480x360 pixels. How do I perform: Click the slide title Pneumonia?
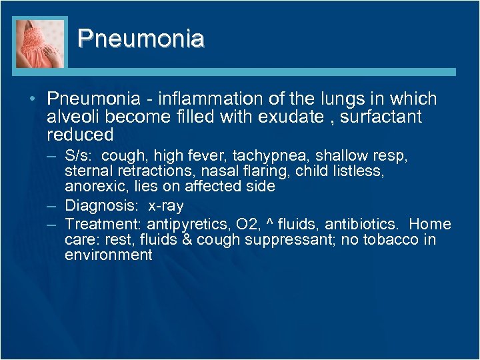point(141,38)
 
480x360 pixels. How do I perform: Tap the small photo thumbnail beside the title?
point(41,43)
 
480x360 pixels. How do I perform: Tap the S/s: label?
point(81,155)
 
